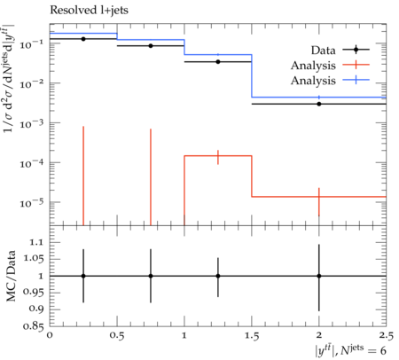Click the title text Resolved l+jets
pos(89,11)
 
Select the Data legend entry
pos(340,50)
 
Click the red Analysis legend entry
pos(330,66)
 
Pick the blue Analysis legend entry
pos(330,81)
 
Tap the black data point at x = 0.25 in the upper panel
pos(83,39)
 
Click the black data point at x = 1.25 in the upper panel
pos(218,62)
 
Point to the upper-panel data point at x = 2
pos(319,104)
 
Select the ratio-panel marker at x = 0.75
pos(151,276)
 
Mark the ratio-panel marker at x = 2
pos(319,276)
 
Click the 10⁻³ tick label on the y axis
pos(31,123)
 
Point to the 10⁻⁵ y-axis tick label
pos(31,203)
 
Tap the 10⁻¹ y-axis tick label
pos(31,44)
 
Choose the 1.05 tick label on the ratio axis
pos(33,259)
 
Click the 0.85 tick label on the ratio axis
pos(33,326)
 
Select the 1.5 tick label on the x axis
pos(252,336)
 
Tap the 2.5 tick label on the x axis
pos(386,336)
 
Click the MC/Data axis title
pos(11,276)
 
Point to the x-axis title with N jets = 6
pos(350,349)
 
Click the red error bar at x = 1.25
pos(218,157)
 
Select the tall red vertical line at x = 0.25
pos(83,176)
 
